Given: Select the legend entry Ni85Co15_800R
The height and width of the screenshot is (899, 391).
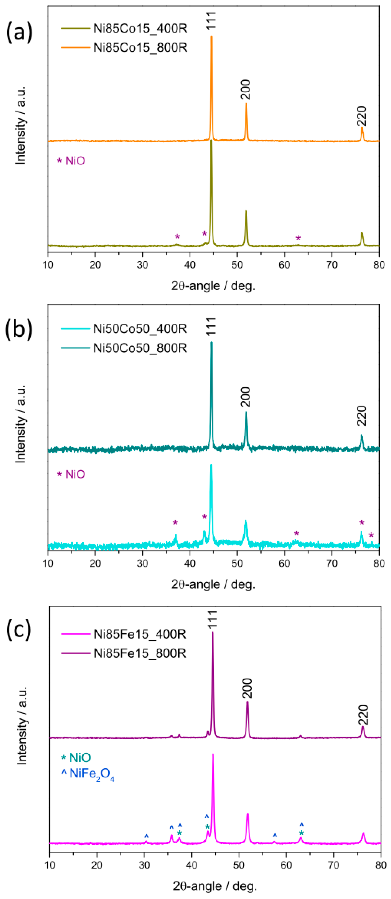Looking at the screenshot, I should pos(140,47).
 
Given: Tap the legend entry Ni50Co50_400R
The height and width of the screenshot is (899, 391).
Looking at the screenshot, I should pos(140,328).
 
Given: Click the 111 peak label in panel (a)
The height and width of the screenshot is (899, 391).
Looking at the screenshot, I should pos(211,20).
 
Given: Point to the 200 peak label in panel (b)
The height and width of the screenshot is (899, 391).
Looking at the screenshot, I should pos(246,397).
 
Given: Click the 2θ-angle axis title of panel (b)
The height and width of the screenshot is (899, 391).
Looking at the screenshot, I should pos(213,584).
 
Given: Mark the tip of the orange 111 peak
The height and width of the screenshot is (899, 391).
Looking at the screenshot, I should pos(211,36).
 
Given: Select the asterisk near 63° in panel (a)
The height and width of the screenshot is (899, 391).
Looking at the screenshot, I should pos(298,238).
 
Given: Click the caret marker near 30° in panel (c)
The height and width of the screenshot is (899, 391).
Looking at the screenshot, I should pos(147,836).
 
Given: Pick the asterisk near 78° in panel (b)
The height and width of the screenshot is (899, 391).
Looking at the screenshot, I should pos(371,535).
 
